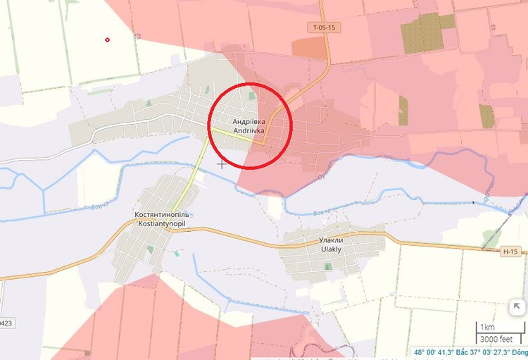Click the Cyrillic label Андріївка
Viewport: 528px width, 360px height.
(249, 121)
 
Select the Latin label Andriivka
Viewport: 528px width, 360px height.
(249, 130)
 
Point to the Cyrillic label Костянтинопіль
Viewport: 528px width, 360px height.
(163, 214)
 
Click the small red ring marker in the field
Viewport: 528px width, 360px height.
(108, 39)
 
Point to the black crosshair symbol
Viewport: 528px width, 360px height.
(222, 164)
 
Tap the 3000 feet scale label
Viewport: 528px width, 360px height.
(496, 337)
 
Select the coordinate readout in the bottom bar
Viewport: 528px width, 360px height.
(470, 353)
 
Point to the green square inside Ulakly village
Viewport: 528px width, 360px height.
(327, 266)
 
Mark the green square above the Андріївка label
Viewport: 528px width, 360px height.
(253, 96)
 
